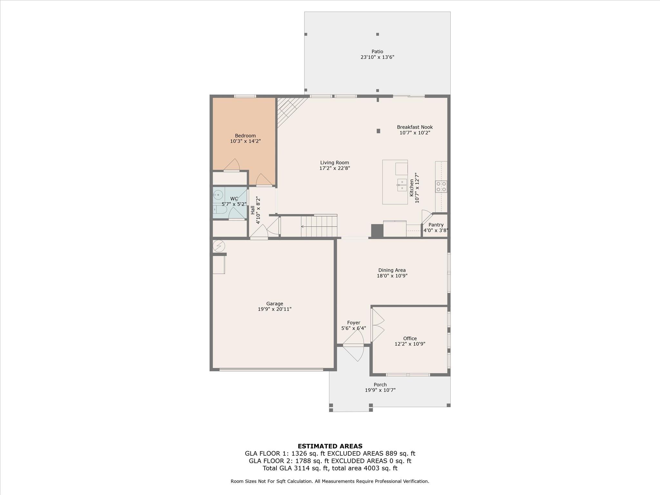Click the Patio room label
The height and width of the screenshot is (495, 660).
(x=377, y=52)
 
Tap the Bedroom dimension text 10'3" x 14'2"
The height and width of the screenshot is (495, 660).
(x=245, y=141)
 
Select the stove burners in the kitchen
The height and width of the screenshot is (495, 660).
(x=441, y=187)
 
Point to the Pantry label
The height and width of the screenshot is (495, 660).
(x=436, y=225)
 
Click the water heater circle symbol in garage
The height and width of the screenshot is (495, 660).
(x=219, y=246)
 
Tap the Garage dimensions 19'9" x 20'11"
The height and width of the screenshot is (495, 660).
(x=275, y=309)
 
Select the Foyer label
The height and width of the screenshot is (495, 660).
(x=354, y=323)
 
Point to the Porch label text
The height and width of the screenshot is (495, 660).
(x=380, y=384)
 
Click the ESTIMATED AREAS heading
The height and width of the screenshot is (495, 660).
(x=330, y=446)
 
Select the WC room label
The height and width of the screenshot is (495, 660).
(x=234, y=199)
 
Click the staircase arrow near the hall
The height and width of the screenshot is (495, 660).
(x=303, y=227)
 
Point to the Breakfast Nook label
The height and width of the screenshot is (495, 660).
(x=415, y=127)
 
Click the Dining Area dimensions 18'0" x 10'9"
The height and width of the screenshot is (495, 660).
(x=392, y=276)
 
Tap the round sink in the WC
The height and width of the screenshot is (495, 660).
(x=218, y=194)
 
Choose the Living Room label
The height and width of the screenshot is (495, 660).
(x=335, y=163)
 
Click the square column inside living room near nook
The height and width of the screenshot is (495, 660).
(x=378, y=131)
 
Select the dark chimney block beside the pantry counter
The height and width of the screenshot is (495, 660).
(x=377, y=231)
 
